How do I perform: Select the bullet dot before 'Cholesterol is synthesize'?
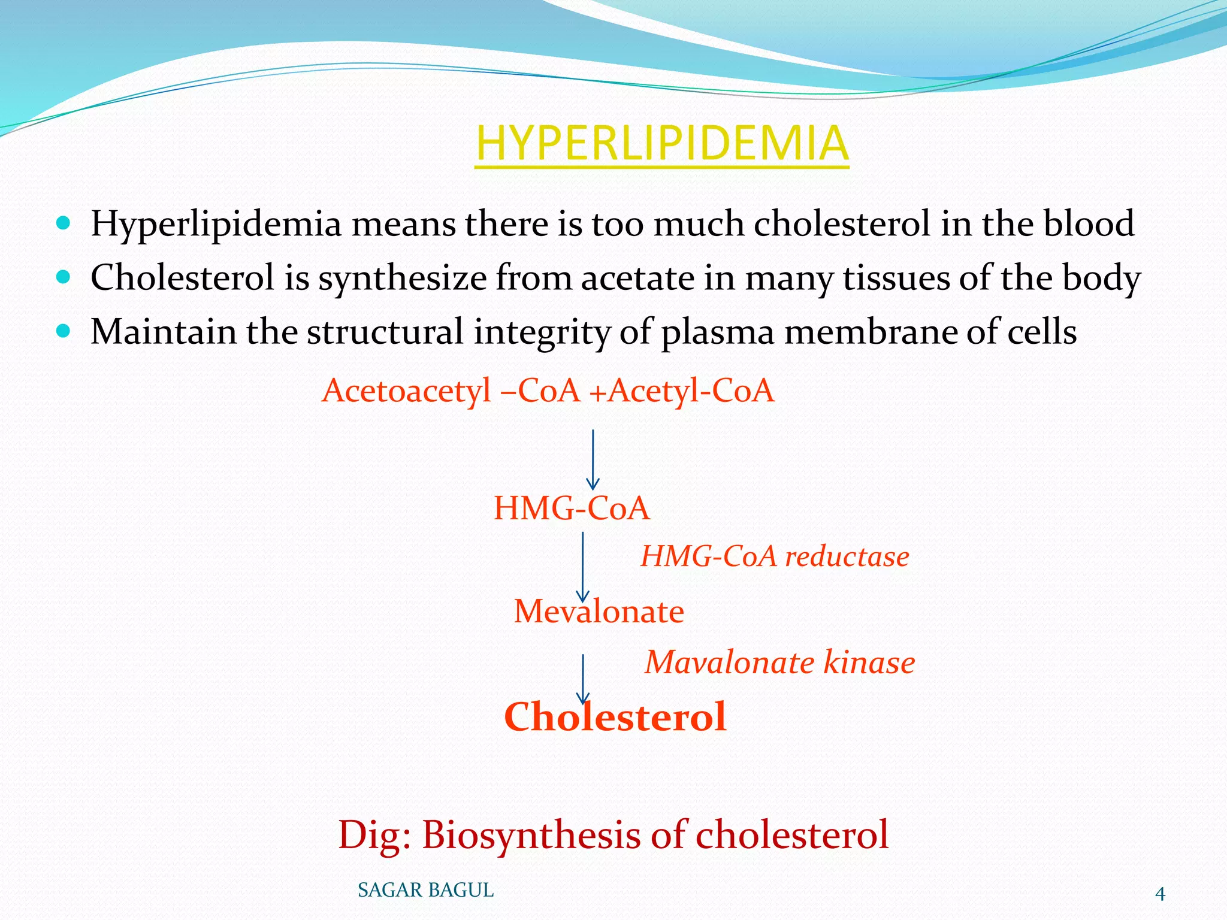point(63,277)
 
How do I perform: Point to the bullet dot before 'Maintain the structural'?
point(63,331)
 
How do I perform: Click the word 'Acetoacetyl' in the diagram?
point(406,391)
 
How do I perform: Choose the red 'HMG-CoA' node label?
point(571,508)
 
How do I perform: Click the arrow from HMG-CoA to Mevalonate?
point(582,567)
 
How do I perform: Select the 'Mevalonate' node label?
point(599,612)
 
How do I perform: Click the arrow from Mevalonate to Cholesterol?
point(582,679)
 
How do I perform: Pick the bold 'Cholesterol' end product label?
point(615,716)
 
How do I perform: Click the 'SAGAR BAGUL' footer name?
point(425,891)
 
